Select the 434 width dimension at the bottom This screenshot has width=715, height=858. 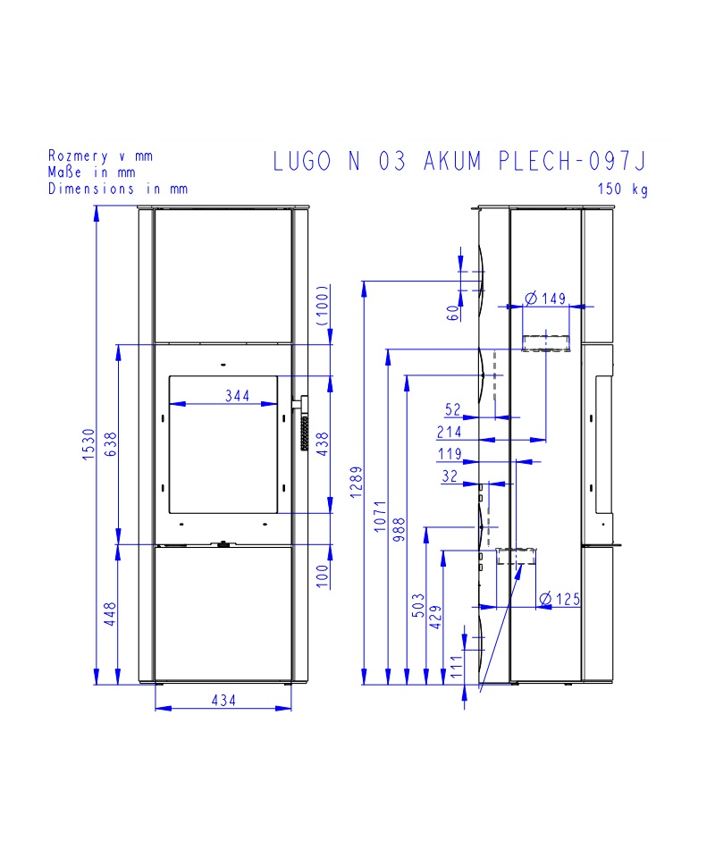(x=223, y=701)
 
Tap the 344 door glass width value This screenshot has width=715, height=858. (x=237, y=396)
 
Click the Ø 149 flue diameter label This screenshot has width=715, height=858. (x=546, y=298)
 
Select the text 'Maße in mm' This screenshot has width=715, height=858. (x=91, y=172)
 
